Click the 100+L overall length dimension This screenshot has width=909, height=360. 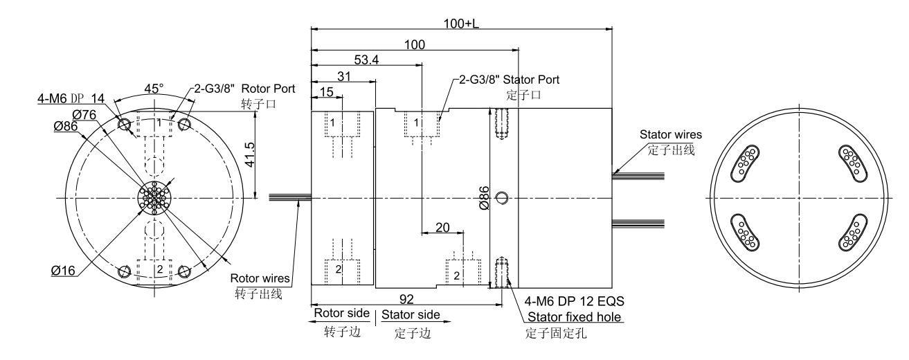coord(461,23)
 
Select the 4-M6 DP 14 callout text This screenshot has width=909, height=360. coord(71,99)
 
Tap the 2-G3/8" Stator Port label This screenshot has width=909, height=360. coord(509,80)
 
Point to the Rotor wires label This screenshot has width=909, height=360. coord(262,279)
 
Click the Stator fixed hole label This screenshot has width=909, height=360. coord(575,317)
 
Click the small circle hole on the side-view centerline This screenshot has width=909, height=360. coord(503,199)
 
